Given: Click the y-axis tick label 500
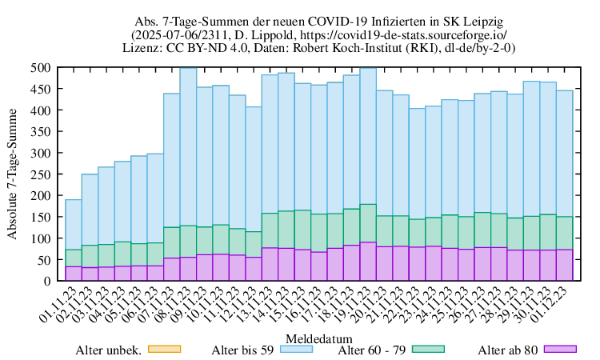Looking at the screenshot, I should click(x=42, y=68).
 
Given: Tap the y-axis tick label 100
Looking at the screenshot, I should click(x=42, y=238).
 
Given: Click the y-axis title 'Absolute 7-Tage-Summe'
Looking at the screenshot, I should click(x=13, y=174).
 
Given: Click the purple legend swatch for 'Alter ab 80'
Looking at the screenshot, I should click(x=560, y=349).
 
